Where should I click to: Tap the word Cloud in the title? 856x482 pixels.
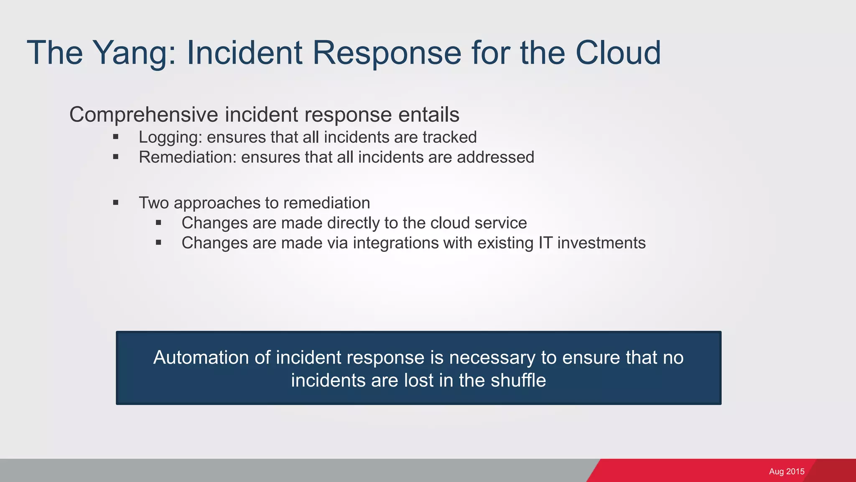tap(618, 53)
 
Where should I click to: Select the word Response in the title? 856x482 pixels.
tap(387, 54)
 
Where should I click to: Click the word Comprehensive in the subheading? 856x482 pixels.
tap(144, 115)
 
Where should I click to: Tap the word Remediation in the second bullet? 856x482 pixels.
tap(187, 157)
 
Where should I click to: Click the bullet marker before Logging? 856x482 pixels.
tap(116, 137)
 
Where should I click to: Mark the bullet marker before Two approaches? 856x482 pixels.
tap(116, 203)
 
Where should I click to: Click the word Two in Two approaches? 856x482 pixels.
tap(153, 203)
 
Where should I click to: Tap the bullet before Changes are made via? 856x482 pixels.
tap(158, 242)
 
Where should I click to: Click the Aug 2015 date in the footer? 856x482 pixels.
tap(786, 472)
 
